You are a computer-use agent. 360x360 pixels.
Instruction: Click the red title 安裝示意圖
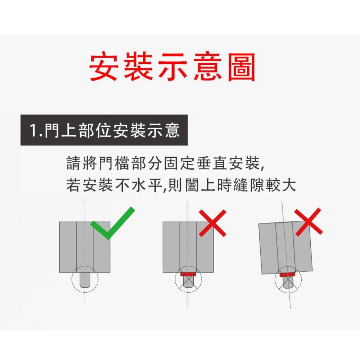point(172,66)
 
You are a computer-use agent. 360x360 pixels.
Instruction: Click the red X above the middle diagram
point(212,223)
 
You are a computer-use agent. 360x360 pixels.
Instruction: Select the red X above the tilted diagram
point(309,222)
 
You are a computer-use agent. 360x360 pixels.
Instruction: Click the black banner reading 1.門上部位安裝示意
point(104,130)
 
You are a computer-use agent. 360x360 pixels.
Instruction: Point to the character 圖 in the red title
point(242,66)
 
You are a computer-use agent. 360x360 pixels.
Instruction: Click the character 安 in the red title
point(103,66)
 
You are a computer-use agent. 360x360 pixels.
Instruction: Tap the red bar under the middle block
point(188,274)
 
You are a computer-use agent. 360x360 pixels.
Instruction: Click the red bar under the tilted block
point(287,275)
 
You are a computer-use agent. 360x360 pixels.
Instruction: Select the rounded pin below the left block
point(85,280)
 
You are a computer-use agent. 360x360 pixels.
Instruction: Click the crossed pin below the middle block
point(188,282)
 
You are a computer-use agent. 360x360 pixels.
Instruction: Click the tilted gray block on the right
point(285,248)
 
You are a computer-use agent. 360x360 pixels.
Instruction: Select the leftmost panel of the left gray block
point(68,247)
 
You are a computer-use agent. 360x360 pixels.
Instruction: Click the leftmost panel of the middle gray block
point(171,247)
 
